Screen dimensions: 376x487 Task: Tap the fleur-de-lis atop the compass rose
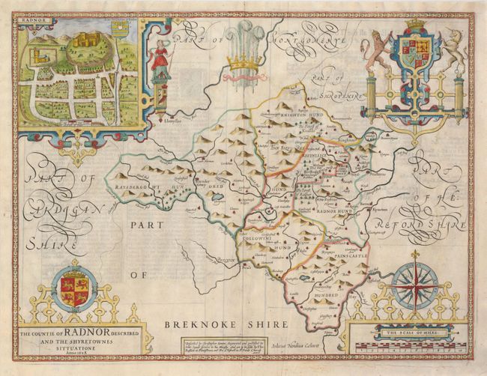click(414, 255)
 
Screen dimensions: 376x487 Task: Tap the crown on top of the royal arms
click(414, 25)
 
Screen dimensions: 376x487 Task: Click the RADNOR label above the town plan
click(34, 22)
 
